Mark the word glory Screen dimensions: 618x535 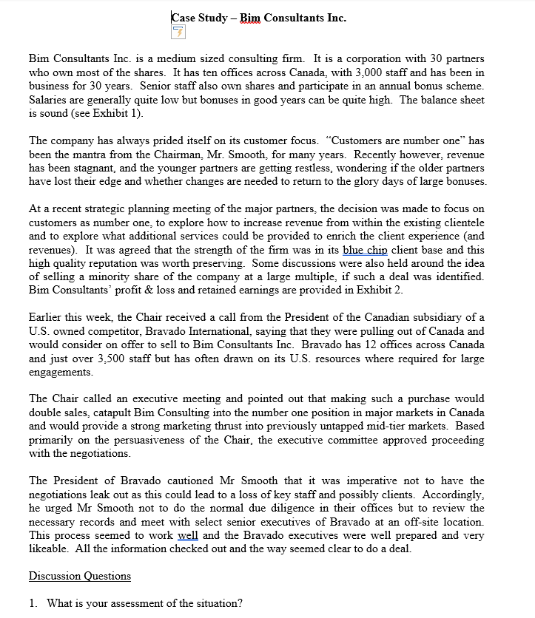click(x=376, y=181)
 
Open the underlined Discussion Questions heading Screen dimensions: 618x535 click(x=79, y=576)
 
